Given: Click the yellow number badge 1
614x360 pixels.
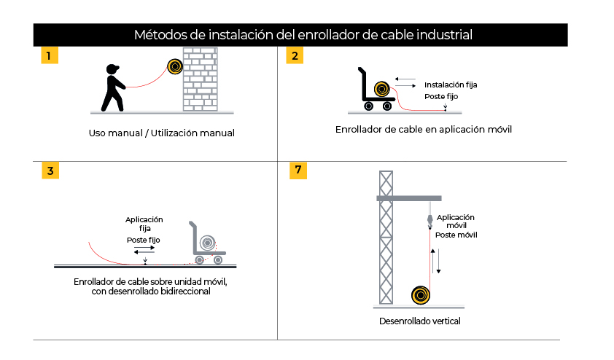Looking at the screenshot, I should coord(49,55).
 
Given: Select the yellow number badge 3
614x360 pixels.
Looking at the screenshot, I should coord(49,171).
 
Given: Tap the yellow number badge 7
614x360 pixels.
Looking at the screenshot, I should coord(298,171).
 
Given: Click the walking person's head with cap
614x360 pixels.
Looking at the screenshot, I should coord(112,69).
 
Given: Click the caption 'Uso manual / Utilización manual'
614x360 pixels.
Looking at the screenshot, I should coord(161,133).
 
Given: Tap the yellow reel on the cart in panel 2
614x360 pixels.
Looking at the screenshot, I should coord(381,90).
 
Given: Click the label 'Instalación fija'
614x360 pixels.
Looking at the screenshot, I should coord(451,85).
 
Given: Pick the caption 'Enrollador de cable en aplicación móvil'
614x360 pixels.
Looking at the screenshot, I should coord(423,130).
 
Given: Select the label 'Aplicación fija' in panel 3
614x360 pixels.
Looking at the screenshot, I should coord(144,224).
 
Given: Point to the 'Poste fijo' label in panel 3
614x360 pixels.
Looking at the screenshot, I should coord(144,240).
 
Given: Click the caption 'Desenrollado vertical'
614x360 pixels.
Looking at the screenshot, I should coord(420,321).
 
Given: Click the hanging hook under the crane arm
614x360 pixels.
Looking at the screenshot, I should coord(430,219).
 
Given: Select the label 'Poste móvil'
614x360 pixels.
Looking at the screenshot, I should coord(456,235).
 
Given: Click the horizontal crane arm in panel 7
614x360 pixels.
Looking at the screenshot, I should coord(408,197).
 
